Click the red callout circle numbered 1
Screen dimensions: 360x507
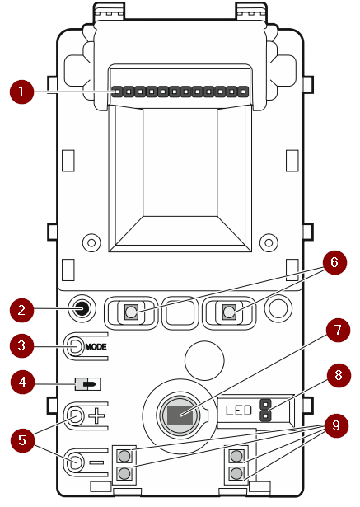click(21, 92)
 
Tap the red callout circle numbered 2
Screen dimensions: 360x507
click(21, 310)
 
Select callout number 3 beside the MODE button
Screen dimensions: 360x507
click(21, 345)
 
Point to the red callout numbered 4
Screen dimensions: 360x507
click(22, 382)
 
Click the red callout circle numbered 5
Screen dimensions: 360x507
click(22, 440)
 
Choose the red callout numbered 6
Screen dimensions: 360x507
click(334, 262)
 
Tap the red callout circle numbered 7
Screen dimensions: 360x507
click(338, 330)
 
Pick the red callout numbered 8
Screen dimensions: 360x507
click(339, 375)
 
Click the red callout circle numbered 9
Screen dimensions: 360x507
click(336, 425)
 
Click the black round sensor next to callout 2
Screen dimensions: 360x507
click(82, 309)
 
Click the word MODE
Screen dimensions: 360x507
click(96, 347)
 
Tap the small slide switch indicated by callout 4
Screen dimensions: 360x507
click(88, 384)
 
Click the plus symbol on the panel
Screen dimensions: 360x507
click(96, 415)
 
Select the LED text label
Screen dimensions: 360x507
click(239, 411)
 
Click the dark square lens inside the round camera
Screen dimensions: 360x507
click(180, 415)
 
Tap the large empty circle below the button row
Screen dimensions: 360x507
click(204, 360)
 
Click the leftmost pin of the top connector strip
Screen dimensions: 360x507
click(117, 92)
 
